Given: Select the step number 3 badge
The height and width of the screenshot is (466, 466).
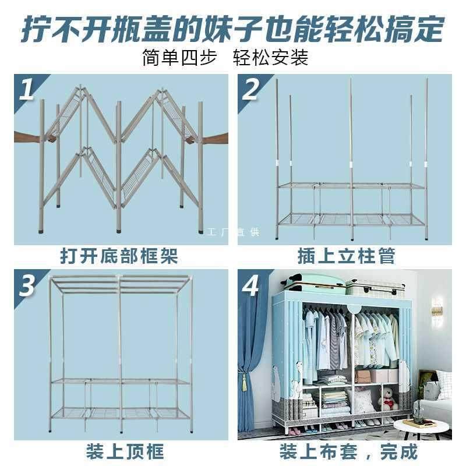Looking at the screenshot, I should coord(27,286).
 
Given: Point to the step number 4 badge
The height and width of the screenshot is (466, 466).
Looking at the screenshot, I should coord(251,286).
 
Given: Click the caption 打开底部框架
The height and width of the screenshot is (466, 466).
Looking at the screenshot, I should coord(119,256).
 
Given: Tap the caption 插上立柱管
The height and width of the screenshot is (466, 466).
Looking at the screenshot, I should coord(346,256).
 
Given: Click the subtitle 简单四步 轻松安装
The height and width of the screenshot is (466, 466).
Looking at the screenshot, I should coord(225,58).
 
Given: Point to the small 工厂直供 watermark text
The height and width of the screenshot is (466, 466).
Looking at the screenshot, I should coord(233,232).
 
